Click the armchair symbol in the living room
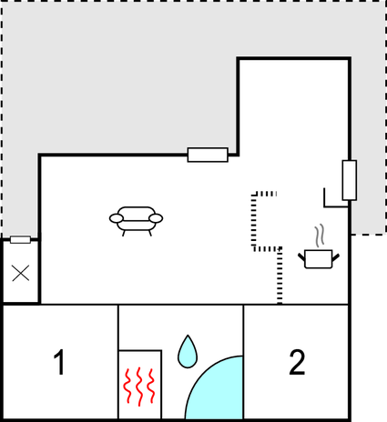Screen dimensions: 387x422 tap(136, 221)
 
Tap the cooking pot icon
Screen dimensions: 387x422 tap(319, 259)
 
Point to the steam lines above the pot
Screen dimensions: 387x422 tap(320, 236)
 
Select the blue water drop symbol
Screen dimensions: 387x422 tap(188, 352)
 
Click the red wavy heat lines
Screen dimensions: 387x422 tap(139, 387)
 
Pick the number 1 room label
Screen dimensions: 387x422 tap(59, 362)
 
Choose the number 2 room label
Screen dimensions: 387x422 tap(297, 362)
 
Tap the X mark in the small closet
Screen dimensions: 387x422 tap(21, 273)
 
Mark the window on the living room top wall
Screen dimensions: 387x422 tap(208, 155)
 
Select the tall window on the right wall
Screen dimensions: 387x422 tap(350, 180)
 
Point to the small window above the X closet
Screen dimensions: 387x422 tap(20, 240)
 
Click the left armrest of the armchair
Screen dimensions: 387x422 tap(117, 218)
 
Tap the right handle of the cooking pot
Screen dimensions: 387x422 tap(336, 258)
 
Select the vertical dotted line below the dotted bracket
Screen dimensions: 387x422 tap(280, 276)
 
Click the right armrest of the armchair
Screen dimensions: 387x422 tap(156, 218)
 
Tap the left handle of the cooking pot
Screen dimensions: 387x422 tap(301, 258)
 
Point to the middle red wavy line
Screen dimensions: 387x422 tap(139, 387)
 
